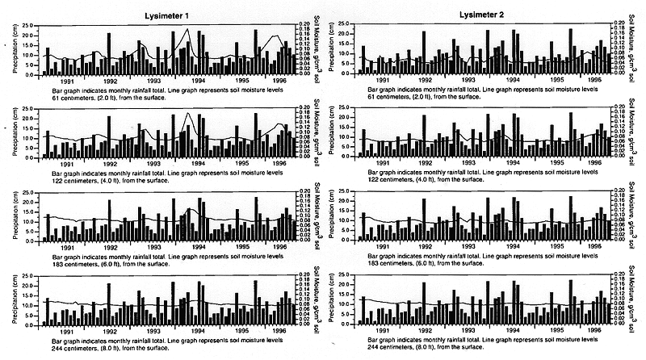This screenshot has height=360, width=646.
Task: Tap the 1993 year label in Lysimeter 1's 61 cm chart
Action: (153, 81)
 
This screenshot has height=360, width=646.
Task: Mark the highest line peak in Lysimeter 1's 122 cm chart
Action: (188, 114)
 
